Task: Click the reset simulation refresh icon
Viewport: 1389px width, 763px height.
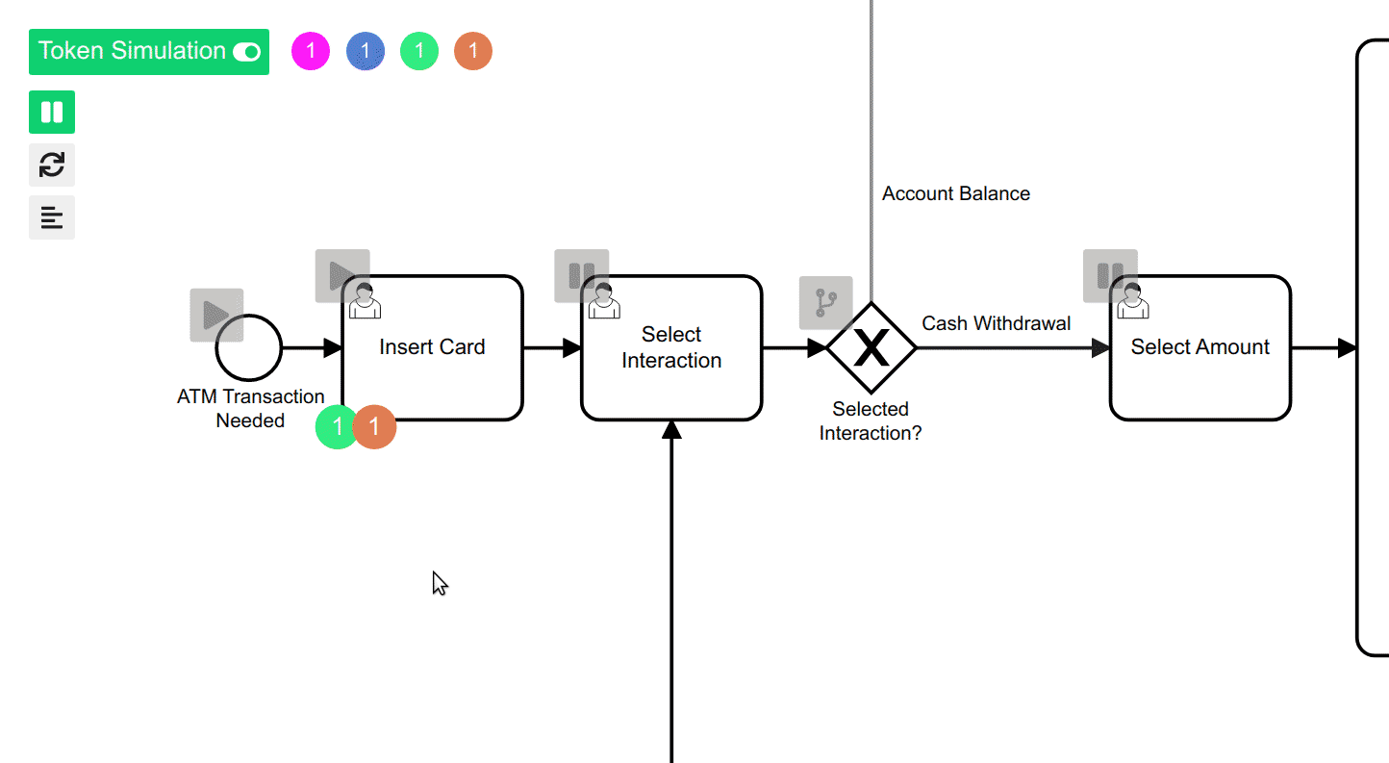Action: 52,165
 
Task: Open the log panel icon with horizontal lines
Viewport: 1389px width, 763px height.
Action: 52,218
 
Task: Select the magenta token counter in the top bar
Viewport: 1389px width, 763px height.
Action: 311,51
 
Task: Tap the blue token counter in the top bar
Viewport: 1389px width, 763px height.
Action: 366,51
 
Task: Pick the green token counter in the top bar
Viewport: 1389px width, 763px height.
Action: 419,51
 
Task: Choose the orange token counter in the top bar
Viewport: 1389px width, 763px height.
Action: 473,51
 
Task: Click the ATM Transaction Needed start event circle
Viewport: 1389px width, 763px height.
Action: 249,348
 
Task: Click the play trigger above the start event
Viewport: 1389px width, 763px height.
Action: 216,315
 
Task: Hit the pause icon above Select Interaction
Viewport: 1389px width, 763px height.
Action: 581,276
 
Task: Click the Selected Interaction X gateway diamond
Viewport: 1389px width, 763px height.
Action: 871,348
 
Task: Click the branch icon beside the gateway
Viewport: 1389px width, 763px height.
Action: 825,303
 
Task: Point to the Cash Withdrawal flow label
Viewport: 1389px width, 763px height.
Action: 996,323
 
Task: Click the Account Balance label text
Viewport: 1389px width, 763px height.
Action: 955,194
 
